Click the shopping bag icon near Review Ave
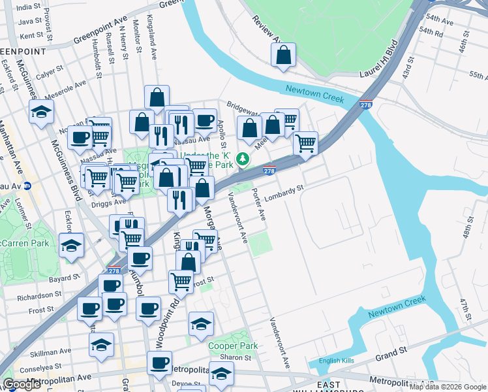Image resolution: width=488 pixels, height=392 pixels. pyautogui.click(x=283, y=57)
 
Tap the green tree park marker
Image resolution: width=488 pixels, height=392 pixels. pyautogui.click(x=243, y=159)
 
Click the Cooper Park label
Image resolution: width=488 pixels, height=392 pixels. pyautogui.click(x=224, y=346)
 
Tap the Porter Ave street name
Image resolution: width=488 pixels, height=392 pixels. pyautogui.click(x=259, y=204)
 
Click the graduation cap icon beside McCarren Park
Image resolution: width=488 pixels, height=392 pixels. pyautogui.click(x=71, y=246)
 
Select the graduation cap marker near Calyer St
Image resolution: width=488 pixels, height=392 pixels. pyautogui.click(x=41, y=111)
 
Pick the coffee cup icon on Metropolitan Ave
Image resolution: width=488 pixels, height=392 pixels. pyautogui.click(x=159, y=363)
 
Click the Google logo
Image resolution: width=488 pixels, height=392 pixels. pyautogui.click(x=22, y=384)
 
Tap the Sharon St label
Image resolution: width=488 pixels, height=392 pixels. pyautogui.click(x=234, y=357)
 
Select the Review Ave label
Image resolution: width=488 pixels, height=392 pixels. pyautogui.click(x=264, y=26)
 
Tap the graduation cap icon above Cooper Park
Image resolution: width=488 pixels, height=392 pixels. pyautogui.click(x=201, y=323)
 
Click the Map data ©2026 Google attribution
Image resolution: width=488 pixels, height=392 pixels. pyautogui.click(x=448, y=387)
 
